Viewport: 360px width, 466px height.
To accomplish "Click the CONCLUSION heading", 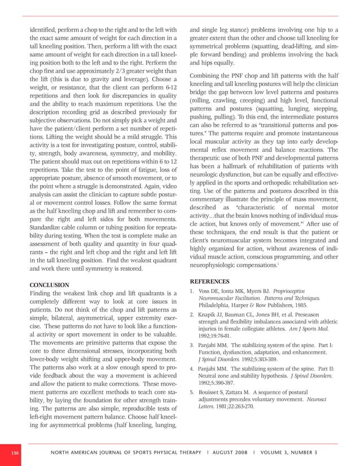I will [49, 285].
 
